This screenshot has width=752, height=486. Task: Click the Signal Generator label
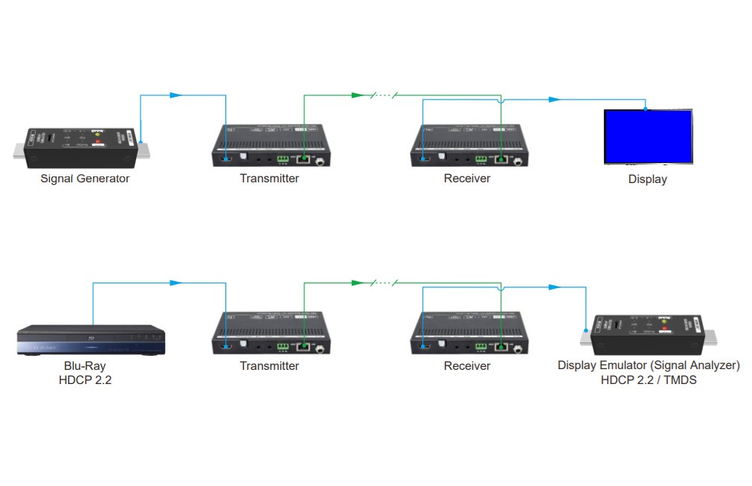(x=85, y=179)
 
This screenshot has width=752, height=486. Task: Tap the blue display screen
(x=648, y=137)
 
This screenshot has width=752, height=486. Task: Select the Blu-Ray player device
(x=91, y=339)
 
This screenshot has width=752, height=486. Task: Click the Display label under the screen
(x=647, y=179)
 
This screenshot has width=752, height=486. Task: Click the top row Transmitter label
(x=269, y=179)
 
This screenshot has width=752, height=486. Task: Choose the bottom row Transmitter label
(x=269, y=366)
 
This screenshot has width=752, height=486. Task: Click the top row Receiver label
(x=467, y=179)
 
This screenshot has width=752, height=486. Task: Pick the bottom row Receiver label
(x=467, y=366)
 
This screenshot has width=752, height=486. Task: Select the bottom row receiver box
(x=469, y=333)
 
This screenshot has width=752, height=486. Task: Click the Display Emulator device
(x=649, y=336)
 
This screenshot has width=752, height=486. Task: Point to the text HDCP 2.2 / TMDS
(x=649, y=380)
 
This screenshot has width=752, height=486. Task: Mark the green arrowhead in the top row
(x=356, y=95)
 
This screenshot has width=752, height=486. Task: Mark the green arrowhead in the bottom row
(x=356, y=283)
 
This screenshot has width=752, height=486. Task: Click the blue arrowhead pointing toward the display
(x=553, y=99)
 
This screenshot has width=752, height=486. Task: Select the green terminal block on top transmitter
(x=283, y=159)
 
